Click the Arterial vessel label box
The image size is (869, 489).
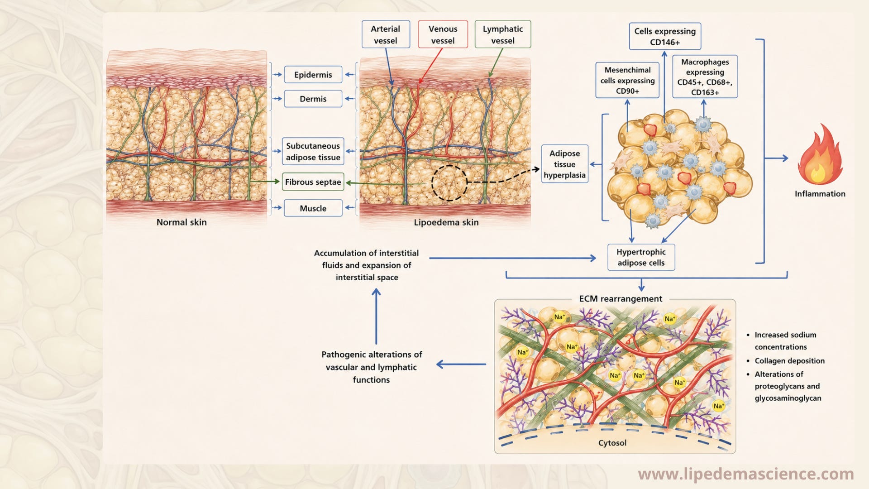(x=386, y=34)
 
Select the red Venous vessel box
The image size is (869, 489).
(x=443, y=34)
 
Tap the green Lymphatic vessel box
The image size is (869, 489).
(x=503, y=34)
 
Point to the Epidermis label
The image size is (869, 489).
(x=313, y=75)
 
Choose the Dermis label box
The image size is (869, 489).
(x=313, y=99)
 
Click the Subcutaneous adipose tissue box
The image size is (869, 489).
(x=313, y=151)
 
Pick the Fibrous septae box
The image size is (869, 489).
(x=313, y=182)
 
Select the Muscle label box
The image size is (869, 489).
(x=313, y=208)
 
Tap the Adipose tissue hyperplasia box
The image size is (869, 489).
(x=564, y=164)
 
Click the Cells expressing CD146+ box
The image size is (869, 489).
(x=665, y=36)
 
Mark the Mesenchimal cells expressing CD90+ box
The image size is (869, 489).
(x=627, y=80)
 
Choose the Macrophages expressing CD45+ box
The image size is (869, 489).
(x=705, y=77)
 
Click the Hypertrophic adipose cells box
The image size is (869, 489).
(x=641, y=257)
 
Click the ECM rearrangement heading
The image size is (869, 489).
(x=621, y=299)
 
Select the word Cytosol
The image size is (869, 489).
(x=612, y=443)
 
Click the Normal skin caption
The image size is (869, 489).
(x=181, y=222)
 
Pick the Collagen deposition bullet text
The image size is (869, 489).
(x=789, y=361)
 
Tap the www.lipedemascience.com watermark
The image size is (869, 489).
(x=746, y=474)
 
